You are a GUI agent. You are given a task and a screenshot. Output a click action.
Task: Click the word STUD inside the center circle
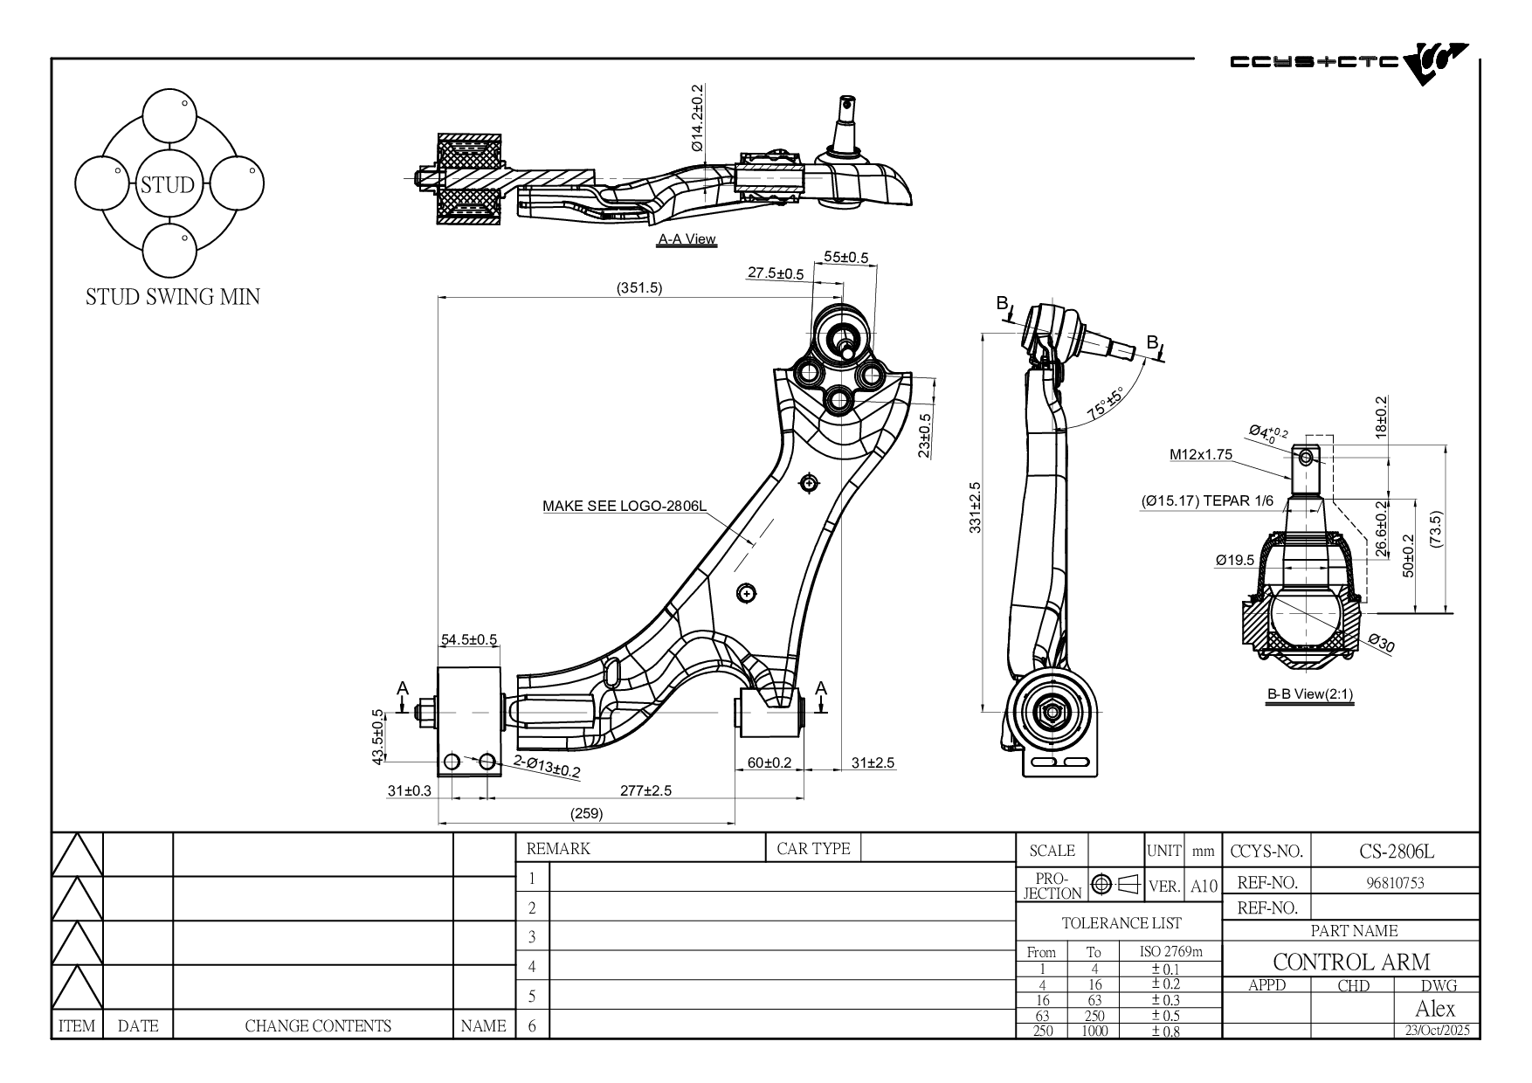pyautogui.click(x=168, y=185)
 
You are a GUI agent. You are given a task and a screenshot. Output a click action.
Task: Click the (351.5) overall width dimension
pyautogui.click(x=639, y=287)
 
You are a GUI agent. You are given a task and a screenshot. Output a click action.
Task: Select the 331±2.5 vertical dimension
pyautogui.click(x=976, y=507)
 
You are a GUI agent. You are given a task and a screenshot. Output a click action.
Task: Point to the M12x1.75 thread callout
pyautogui.click(x=1201, y=454)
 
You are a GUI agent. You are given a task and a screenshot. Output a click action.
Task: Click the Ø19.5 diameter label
pyautogui.click(x=1234, y=560)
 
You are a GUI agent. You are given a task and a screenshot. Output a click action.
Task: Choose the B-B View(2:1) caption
pyautogui.click(x=1310, y=694)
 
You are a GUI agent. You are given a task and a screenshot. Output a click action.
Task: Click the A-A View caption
pyautogui.click(x=687, y=239)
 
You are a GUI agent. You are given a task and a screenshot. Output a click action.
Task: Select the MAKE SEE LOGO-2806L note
pyautogui.click(x=625, y=506)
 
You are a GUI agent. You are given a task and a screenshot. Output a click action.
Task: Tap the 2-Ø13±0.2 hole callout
pyautogui.click(x=547, y=766)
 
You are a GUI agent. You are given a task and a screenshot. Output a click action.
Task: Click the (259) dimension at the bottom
pyautogui.click(x=587, y=813)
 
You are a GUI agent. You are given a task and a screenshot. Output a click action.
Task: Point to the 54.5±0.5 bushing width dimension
pyautogui.click(x=469, y=639)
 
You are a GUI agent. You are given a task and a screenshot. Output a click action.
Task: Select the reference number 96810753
pyautogui.click(x=1395, y=882)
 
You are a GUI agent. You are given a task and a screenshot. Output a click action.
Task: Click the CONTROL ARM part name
pyautogui.click(x=1351, y=962)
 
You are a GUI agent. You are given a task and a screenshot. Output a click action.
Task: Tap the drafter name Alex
pyautogui.click(x=1435, y=1009)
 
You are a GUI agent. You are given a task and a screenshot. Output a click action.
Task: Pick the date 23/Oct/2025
pyautogui.click(x=1438, y=1030)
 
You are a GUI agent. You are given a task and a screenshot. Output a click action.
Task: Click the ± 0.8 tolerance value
pyautogui.click(x=1165, y=1031)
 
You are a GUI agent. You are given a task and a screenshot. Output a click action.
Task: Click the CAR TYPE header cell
pyautogui.click(x=813, y=848)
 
